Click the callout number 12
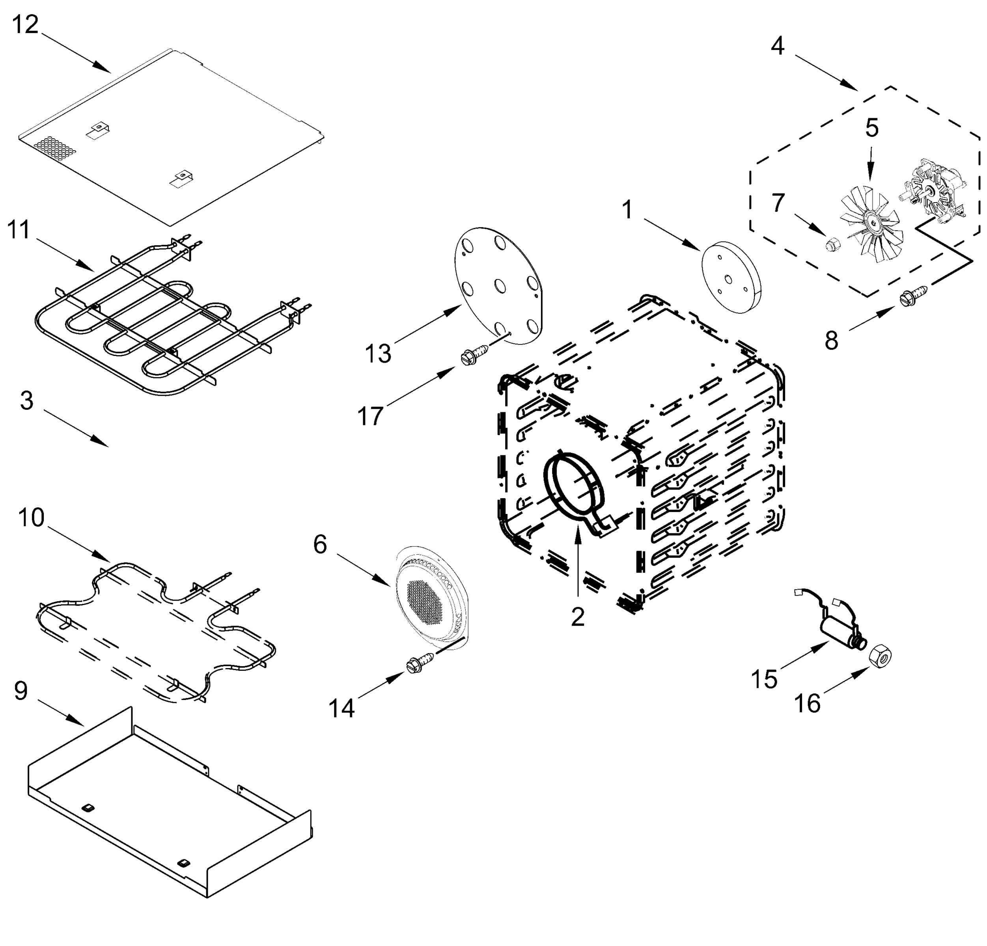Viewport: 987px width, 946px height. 25,24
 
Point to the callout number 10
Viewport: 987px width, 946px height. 31,517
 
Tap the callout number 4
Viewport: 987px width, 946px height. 778,47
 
